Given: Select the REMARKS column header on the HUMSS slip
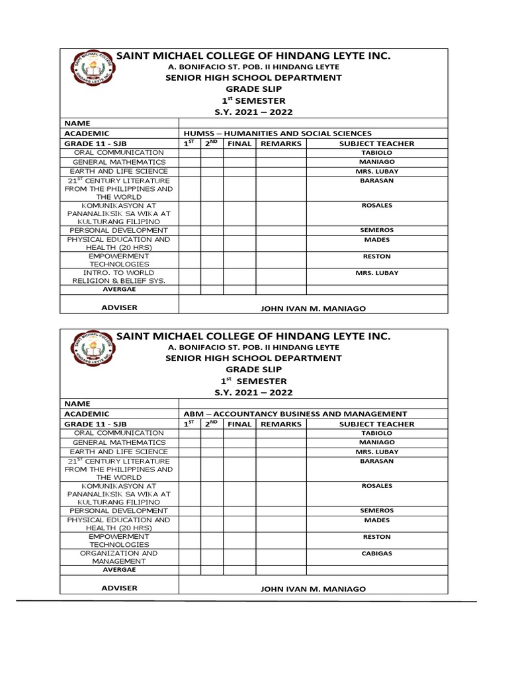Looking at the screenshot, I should coord(280,143).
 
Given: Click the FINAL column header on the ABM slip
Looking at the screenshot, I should coord(239,424).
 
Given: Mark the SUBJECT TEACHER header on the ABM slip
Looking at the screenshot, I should coord(376,424).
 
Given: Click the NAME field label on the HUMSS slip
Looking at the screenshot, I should coord(76,123).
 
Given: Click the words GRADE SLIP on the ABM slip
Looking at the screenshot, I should coord(253,369).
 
